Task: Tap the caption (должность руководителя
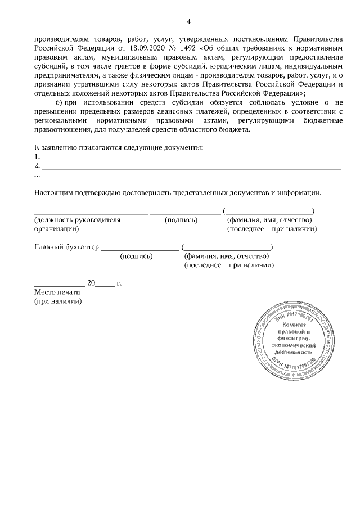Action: coord(78,220)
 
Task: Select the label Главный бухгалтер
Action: coord(66,247)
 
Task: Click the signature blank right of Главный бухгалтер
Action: coord(139,247)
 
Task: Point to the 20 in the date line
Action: coord(91,283)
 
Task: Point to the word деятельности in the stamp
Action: coord(294,352)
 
